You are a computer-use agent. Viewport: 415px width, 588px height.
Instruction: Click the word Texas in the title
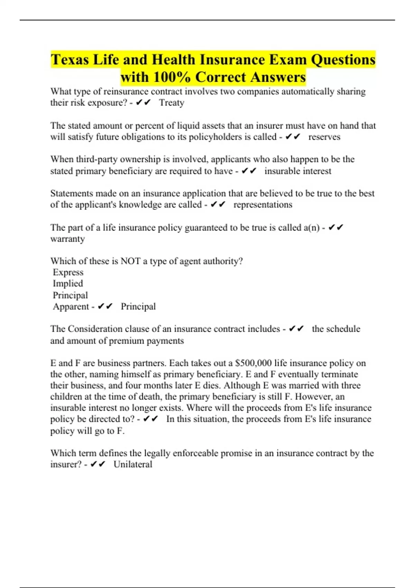70,59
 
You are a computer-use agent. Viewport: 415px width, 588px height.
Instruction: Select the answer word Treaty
172,103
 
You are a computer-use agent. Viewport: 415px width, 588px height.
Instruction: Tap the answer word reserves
324,137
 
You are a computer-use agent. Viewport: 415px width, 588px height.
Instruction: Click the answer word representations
263,205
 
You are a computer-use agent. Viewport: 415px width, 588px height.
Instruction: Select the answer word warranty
67,239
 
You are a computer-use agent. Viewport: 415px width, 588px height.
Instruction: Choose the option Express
68,272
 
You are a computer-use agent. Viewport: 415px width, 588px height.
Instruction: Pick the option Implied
68,284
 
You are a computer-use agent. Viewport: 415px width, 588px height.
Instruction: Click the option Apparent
71,306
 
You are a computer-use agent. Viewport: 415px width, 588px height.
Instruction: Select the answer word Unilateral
133,464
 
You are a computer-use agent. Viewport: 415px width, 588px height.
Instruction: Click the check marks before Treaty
144,103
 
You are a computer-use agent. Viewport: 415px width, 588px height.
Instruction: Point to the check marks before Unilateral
98,464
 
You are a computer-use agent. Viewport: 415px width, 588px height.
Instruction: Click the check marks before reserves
293,137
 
